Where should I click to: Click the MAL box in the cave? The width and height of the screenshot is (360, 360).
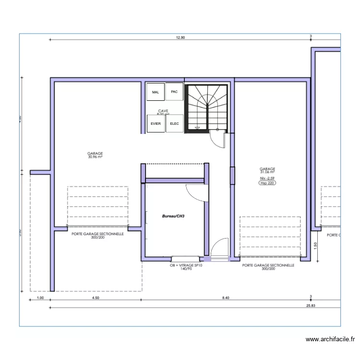coord(155,92)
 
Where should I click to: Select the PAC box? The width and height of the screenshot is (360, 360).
coord(174,92)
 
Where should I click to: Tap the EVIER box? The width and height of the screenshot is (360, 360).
coord(156,123)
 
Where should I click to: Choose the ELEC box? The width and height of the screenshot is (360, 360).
coord(174,123)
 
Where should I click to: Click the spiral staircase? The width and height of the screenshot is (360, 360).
coord(207,107)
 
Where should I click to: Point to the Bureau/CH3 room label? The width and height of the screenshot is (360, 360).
coord(174,216)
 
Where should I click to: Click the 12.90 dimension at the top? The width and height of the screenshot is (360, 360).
coord(180,37)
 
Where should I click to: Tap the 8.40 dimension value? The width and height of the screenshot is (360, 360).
coord(226,298)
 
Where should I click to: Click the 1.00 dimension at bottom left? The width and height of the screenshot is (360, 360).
coord(40,298)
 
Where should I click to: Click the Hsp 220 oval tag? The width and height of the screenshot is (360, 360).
coord(267,183)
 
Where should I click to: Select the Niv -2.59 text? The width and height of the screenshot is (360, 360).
coord(267,178)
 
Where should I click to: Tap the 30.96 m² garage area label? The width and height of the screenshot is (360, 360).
coord(95,156)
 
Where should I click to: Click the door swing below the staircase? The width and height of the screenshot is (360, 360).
coord(218,139)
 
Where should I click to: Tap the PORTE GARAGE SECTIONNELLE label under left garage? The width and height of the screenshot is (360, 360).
coord(97,234)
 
